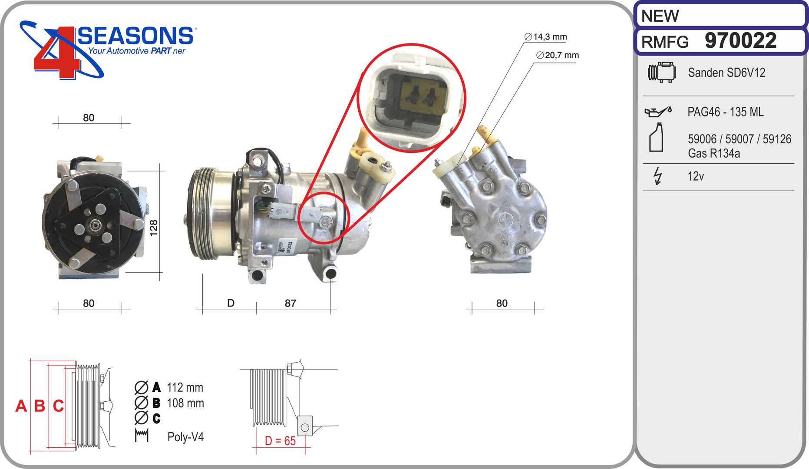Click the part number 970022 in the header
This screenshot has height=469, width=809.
[x=740, y=41]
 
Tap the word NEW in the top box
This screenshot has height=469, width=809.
[x=660, y=16]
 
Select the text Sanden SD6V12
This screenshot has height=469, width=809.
[x=726, y=73]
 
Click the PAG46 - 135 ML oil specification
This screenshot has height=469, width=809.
[x=725, y=112]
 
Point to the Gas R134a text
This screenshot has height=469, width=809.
[x=714, y=153]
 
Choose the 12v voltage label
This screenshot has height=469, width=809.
[x=696, y=176]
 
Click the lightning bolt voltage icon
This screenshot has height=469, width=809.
[x=658, y=176]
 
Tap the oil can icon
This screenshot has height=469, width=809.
[x=658, y=112]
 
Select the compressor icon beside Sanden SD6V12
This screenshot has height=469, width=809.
[x=662, y=72]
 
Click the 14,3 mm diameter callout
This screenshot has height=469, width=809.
[x=545, y=37]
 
